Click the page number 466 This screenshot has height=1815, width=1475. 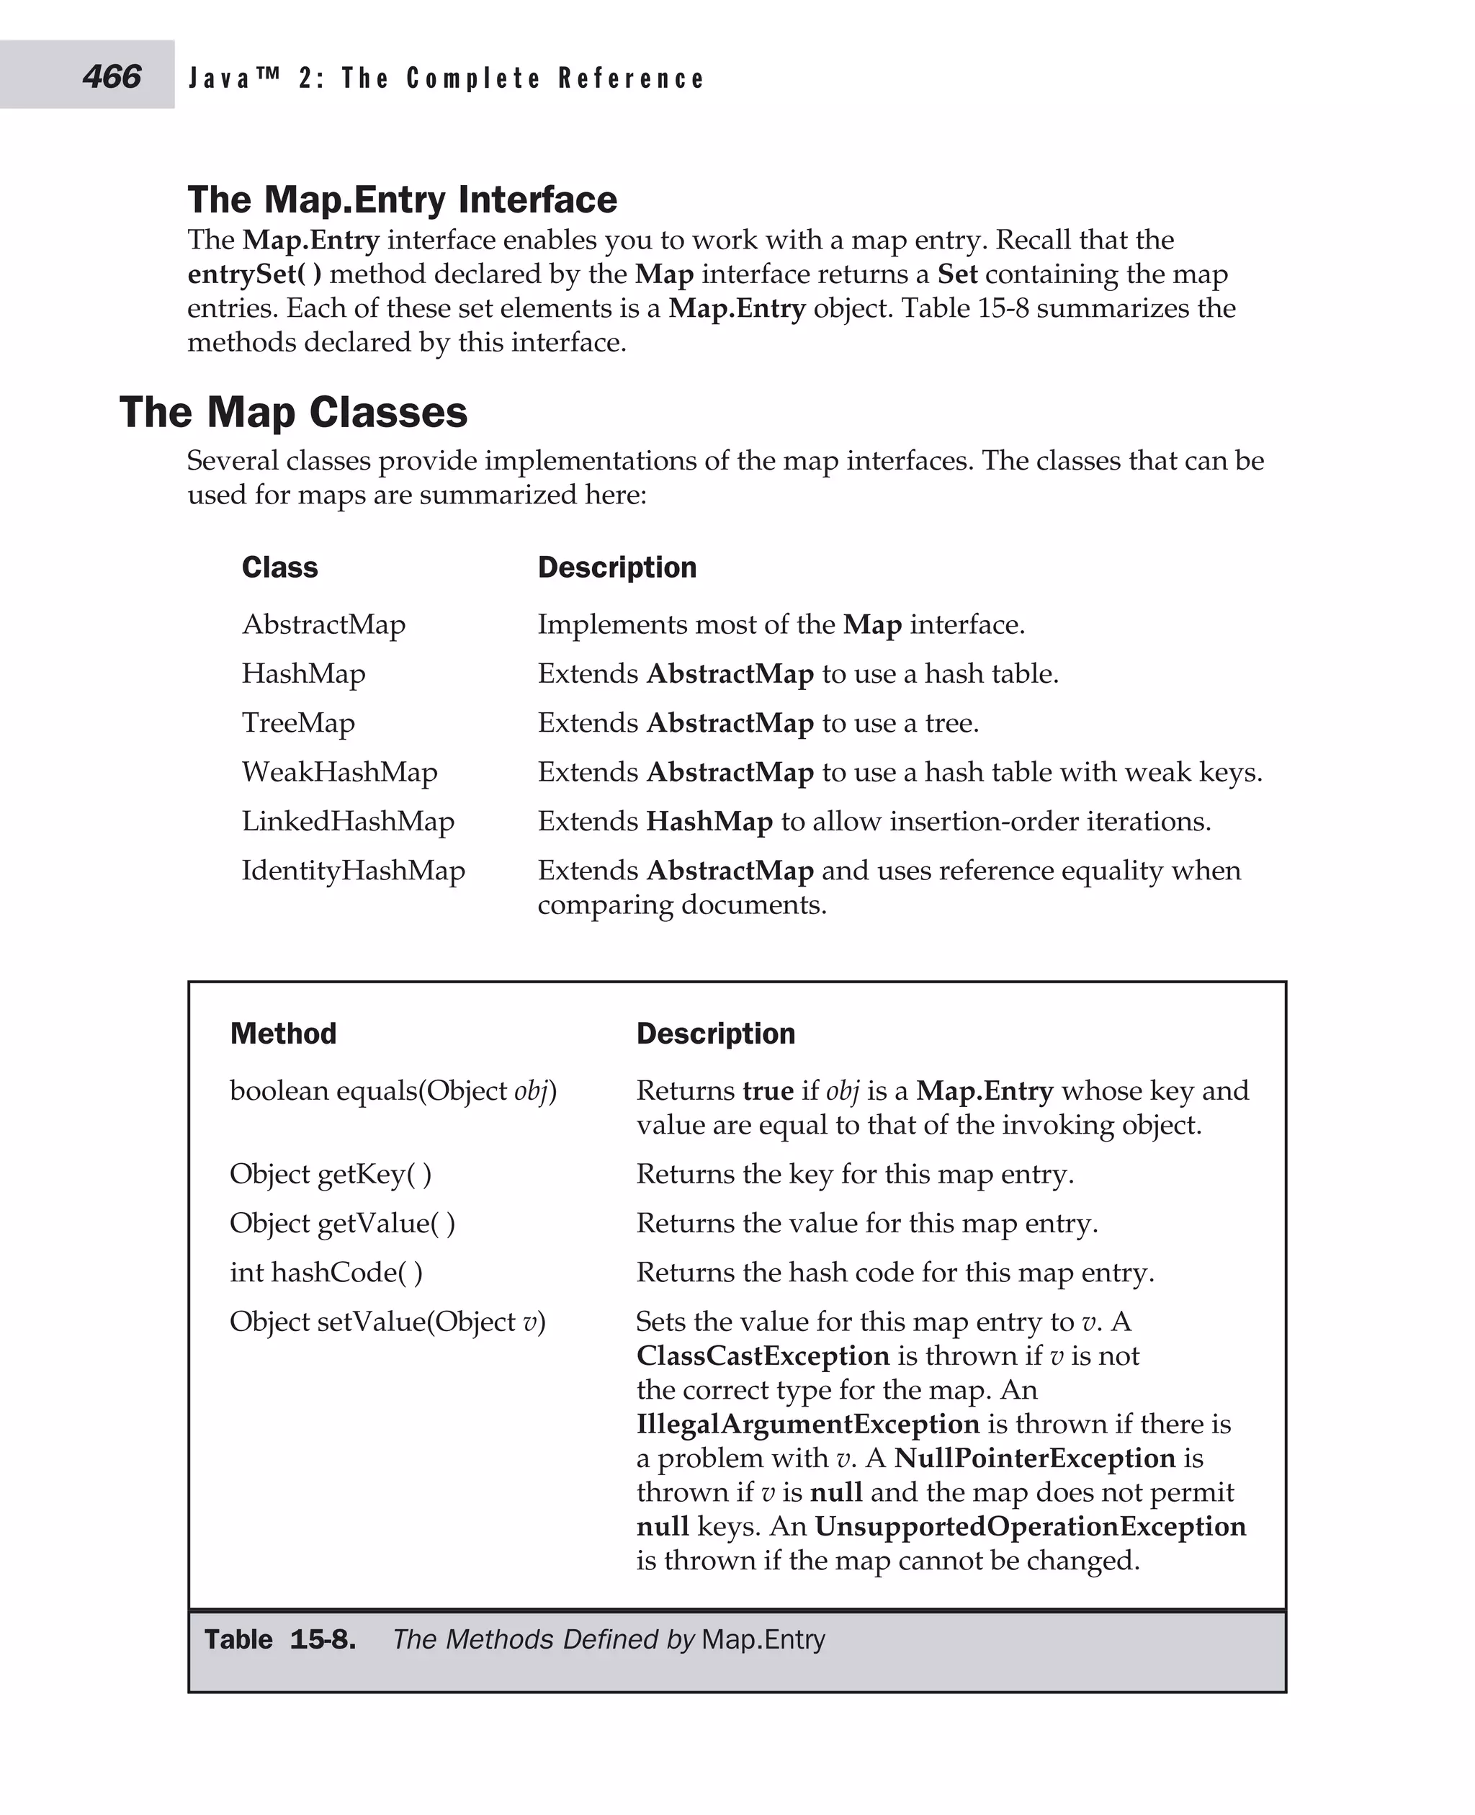pyautogui.click(x=112, y=76)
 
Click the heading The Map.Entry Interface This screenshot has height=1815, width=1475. pyautogui.click(x=402, y=200)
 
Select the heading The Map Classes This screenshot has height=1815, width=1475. pyautogui.click(x=293, y=412)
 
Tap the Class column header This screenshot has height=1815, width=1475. pyautogui.click(x=279, y=568)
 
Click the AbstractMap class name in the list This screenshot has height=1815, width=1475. pyautogui.click(x=323, y=624)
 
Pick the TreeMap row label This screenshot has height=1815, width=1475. pyautogui.click(x=298, y=723)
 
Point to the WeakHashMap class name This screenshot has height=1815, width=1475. pyautogui.click(x=340, y=772)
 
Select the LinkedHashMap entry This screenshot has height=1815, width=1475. pyautogui.click(x=349, y=822)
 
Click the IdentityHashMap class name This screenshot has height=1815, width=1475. pyautogui.click(x=354, y=871)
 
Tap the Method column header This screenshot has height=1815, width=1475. pyautogui.click(x=283, y=1034)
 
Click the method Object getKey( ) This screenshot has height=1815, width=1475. pyautogui.click(x=331, y=1174)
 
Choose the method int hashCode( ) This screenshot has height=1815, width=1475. pyautogui.click(x=326, y=1273)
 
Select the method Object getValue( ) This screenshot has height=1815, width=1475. pyautogui.click(x=342, y=1224)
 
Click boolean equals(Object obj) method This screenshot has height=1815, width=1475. pyautogui.click(x=393, y=1091)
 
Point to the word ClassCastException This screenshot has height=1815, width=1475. pyautogui.click(x=763, y=1356)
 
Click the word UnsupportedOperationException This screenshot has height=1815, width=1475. pyautogui.click(x=1031, y=1527)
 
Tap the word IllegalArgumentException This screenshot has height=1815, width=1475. pyautogui.click(x=808, y=1424)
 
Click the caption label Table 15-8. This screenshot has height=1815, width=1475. pyautogui.click(x=280, y=1640)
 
